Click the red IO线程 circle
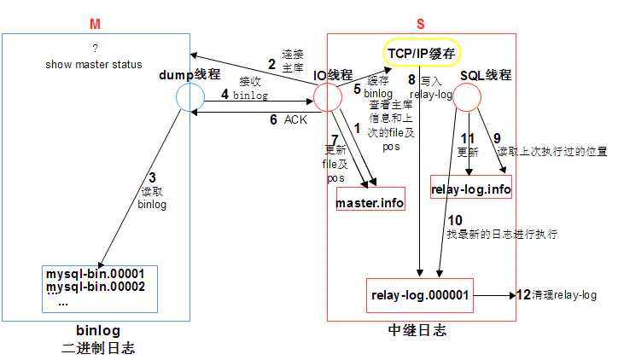coord(327,98)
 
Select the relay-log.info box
coord(471,187)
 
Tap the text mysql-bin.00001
coord(95,274)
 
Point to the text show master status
coord(95,65)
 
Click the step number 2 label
coord(271,64)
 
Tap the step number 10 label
coord(454,220)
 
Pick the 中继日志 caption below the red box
coord(421,330)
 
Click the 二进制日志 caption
coord(98,348)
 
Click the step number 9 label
coord(497,136)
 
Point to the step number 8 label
coord(412,80)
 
